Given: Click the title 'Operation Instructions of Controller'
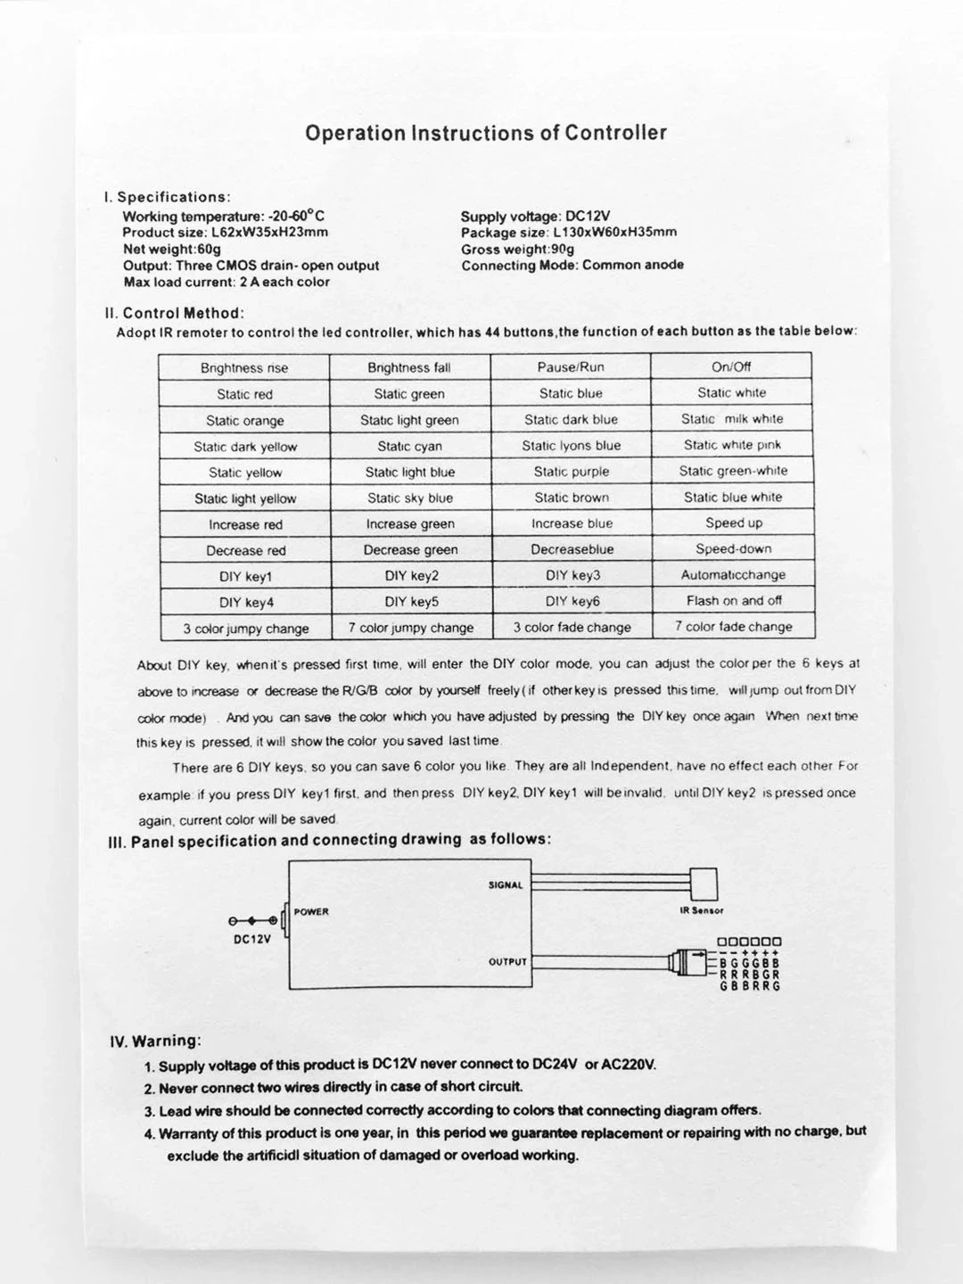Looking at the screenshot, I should [486, 134].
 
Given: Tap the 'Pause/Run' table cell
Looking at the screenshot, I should [571, 366].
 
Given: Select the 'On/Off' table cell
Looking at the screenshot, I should [731, 366].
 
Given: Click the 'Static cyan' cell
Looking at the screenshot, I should [409, 446].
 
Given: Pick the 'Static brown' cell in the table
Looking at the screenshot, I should [572, 498].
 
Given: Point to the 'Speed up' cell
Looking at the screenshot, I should [733, 523].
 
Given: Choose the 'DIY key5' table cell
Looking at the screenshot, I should [411, 602].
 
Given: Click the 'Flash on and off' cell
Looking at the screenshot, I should [733, 601].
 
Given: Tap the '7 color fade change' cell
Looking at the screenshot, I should [733, 627].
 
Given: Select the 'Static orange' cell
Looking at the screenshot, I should [244, 421].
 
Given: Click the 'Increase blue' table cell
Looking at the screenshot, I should [572, 523].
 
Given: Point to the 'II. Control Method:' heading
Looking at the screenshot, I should [175, 313].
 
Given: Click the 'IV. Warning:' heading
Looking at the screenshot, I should [154, 1041].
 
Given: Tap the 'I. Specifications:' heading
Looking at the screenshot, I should [168, 197].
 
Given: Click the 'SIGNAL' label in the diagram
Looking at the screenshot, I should [506, 885].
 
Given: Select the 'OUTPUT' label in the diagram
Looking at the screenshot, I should [507, 962].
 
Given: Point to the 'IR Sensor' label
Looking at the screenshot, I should [701, 910].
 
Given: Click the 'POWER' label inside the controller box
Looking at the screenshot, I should [311, 911].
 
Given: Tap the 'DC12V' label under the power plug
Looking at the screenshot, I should [251, 938].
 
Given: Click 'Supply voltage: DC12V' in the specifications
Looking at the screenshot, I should [535, 217].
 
